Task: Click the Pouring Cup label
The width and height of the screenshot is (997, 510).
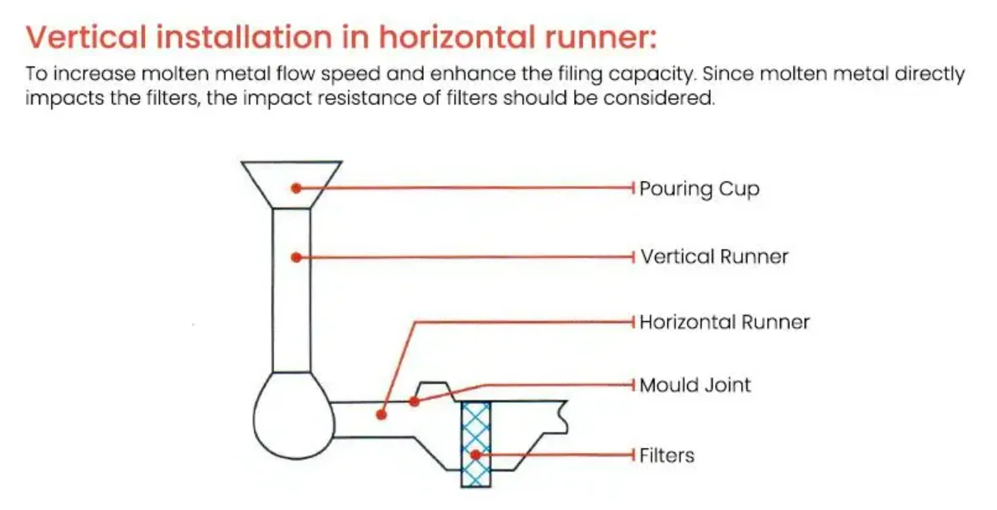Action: point(698,189)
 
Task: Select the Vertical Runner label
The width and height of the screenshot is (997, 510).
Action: point(714,256)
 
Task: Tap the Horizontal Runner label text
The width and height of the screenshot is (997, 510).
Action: point(724,321)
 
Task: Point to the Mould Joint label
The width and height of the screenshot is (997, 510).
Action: point(695,385)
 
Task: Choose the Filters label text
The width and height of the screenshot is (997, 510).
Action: point(666,455)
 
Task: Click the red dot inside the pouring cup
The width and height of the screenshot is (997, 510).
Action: point(296,189)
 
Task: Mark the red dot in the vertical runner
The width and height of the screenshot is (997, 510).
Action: point(296,257)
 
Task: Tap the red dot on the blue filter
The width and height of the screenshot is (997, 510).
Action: point(475,454)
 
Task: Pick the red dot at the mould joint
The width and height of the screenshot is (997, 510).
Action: point(415,401)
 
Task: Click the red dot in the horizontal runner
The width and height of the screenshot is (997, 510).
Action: point(381,414)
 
